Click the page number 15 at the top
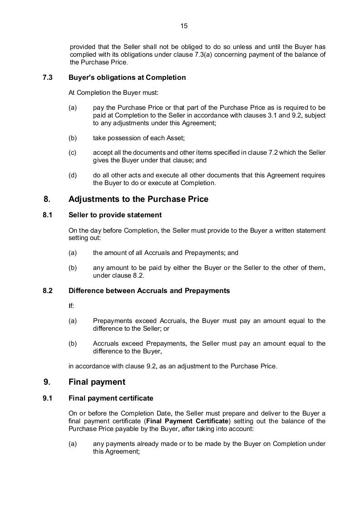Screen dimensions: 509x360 (x=184, y=26)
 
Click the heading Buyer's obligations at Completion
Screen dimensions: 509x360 (x=127, y=78)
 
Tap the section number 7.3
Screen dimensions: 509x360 (x=48, y=78)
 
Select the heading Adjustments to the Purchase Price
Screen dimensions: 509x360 (x=138, y=199)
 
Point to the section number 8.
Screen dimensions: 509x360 (x=47, y=199)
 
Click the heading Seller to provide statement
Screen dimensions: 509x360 (x=115, y=215)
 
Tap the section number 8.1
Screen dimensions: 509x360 (x=48, y=215)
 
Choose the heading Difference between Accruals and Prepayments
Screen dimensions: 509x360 (x=149, y=291)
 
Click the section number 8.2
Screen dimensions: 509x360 (x=48, y=291)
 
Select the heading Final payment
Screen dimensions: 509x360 (x=97, y=382)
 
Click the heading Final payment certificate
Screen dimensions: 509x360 (x=111, y=398)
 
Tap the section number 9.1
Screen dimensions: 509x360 (x=48, y=398)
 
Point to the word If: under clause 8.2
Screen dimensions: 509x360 (x=71, y=306)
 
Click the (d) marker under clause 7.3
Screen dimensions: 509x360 (x=73, y=176)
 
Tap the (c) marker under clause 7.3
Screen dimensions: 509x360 (x=73, y=153)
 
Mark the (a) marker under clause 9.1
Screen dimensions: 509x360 (x=73, y=444)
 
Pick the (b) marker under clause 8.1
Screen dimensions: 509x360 (x=73, y=268)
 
